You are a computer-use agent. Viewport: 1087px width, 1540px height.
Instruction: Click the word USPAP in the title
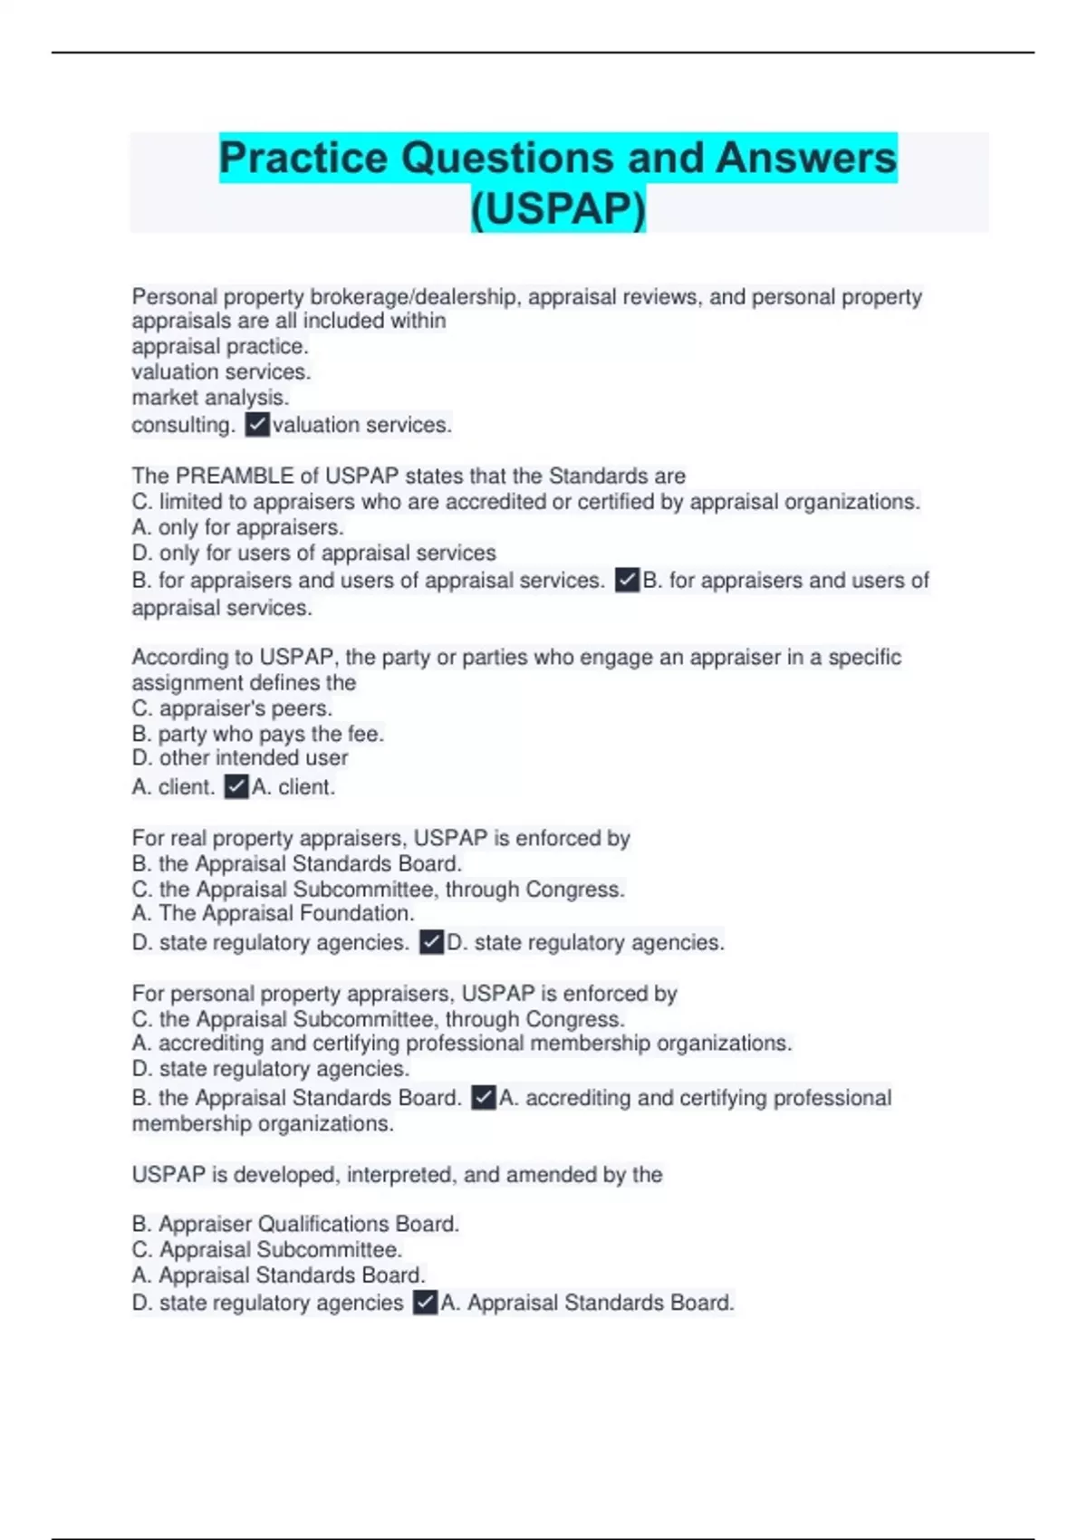558,209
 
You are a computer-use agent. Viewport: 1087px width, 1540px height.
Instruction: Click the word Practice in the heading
303,159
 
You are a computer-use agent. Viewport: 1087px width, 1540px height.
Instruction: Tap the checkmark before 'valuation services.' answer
257,424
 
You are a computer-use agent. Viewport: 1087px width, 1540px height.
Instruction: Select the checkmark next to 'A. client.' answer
236,786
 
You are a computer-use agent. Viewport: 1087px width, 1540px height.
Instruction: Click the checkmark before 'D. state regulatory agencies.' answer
431,942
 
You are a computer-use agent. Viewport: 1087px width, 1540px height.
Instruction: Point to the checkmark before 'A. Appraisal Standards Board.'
425,1303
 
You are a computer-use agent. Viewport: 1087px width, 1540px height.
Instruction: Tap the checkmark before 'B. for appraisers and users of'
627,580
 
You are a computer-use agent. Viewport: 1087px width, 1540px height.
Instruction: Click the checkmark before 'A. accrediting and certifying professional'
484,1098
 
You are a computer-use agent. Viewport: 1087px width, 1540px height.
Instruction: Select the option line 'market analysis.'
210,398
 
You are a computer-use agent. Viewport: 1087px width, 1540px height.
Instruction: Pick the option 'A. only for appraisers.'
237,527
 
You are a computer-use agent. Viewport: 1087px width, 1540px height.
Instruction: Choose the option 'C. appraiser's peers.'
232,708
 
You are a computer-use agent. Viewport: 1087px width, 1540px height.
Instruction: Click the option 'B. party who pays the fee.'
258,734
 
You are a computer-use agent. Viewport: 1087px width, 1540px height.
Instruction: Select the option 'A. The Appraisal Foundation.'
273,913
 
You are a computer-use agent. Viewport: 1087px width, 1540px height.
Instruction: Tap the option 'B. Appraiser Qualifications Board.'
295,1224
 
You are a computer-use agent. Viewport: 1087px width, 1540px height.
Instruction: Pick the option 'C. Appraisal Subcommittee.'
266,1249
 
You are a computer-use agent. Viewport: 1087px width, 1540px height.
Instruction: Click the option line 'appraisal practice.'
220,346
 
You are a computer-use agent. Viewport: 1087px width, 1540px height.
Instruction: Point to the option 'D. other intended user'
240,758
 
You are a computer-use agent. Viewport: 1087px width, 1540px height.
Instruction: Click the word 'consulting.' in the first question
183,425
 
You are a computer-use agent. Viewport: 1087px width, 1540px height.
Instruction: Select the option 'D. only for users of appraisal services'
313,553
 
